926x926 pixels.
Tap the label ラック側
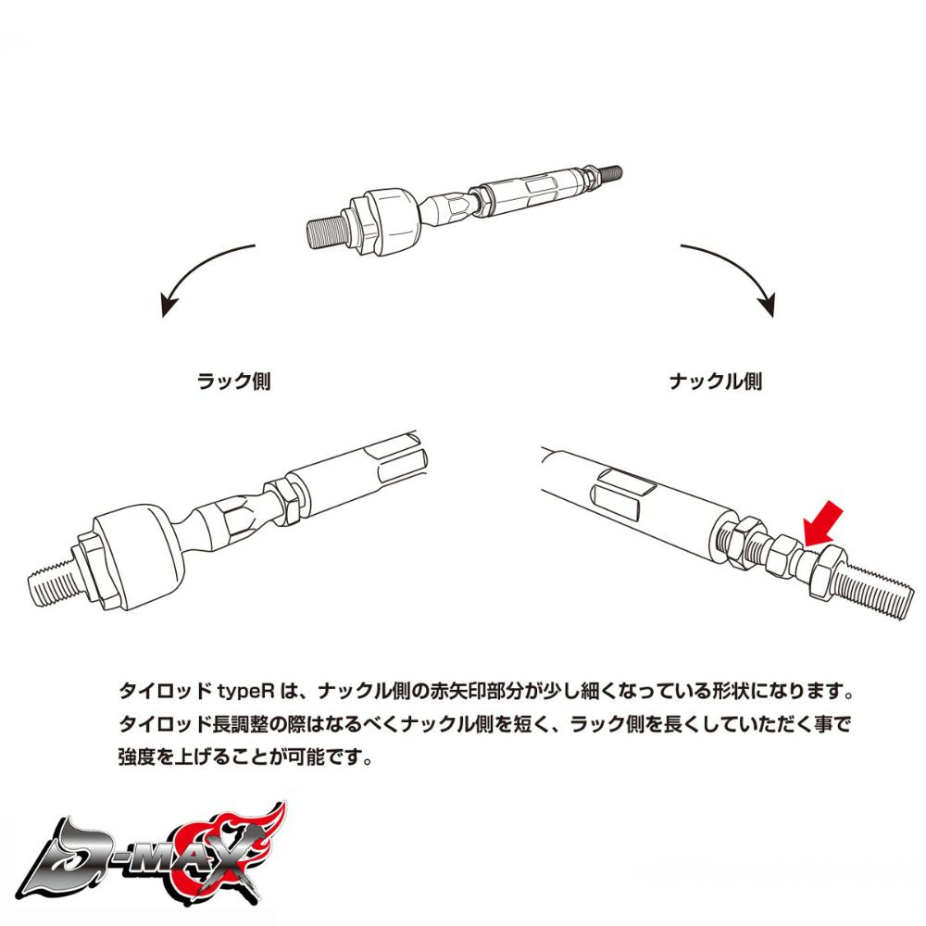[234, 381]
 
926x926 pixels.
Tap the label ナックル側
[716, 381]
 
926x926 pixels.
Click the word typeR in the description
[246, 692]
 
